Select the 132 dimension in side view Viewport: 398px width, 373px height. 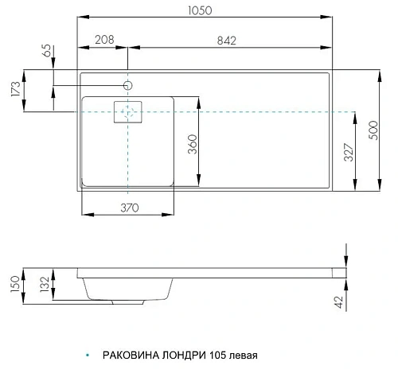45,286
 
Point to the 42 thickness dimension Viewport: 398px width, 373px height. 338,301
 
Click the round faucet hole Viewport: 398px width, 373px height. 127,84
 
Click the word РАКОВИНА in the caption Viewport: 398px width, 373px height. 133,356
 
